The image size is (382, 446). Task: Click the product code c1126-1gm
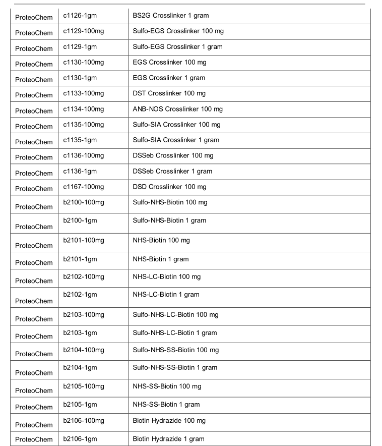pos(80,16)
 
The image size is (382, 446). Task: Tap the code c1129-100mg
pos(83,31)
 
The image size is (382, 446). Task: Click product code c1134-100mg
pos(83,109)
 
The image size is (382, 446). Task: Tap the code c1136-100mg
pos(83,155)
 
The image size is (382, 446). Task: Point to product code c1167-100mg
pos(83,187)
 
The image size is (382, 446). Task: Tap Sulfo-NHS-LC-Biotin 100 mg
pos(175,314)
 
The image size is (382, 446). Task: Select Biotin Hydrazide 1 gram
pos(168,439)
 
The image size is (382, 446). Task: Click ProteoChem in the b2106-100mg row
pos(34,424)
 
